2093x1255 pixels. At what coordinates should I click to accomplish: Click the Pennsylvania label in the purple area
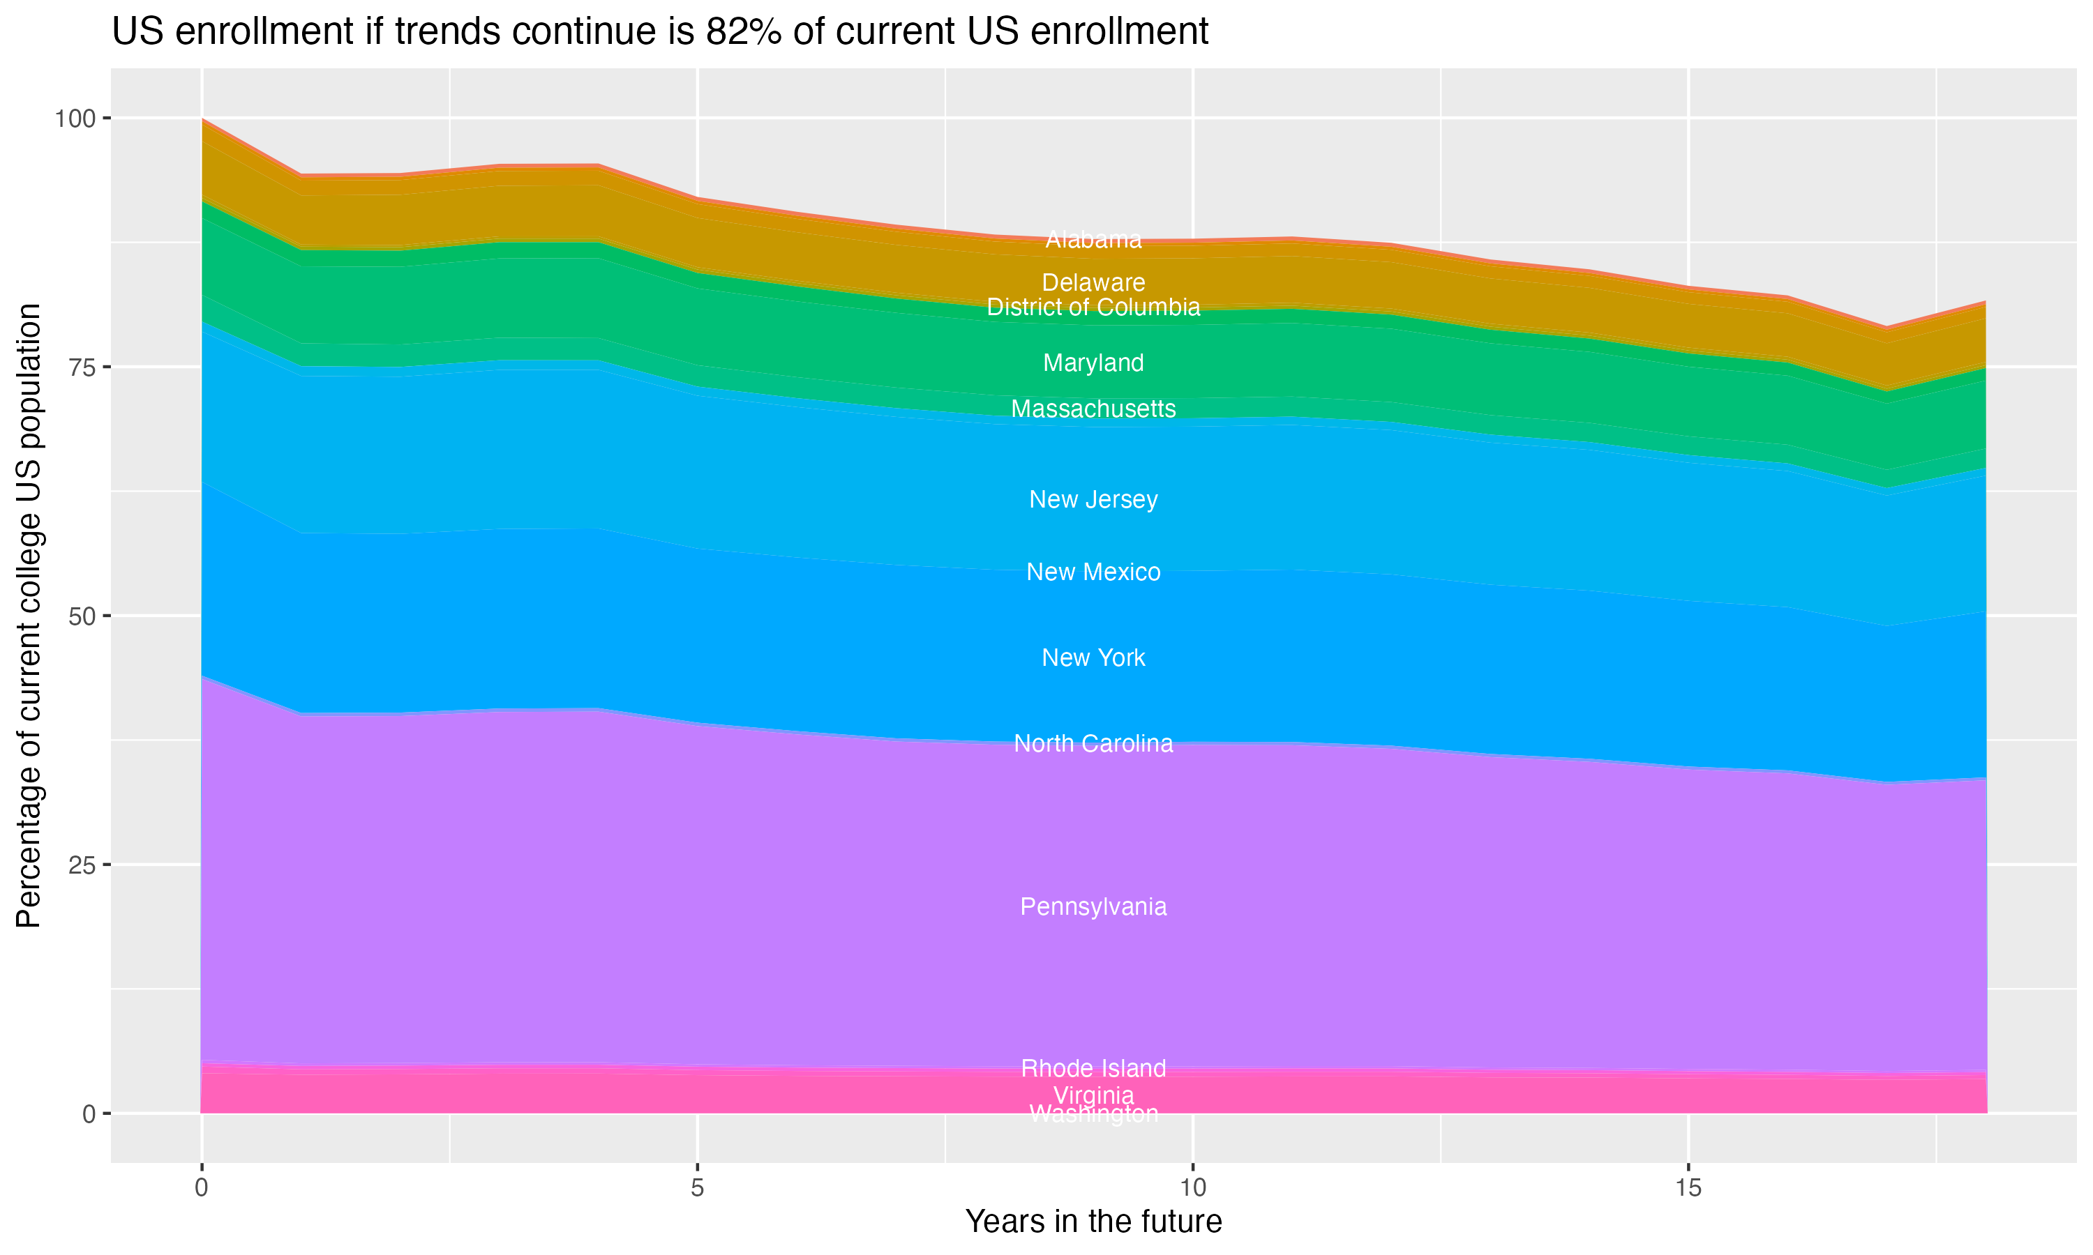click(x=1093, y=907)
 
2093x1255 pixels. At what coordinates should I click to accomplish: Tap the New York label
click(x=1093, y=658)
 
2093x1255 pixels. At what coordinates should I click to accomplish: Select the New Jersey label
click(x=1093, y=500)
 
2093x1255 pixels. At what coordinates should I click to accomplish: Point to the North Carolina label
click(x=1093, y=743)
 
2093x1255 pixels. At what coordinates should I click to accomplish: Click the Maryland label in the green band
click(x=1093, y=363)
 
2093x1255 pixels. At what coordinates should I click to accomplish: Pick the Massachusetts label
click(x=1093, y=409)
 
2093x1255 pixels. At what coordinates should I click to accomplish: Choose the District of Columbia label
click(x=1093, y=307)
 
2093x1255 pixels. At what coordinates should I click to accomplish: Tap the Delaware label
click(x=1093, y=282)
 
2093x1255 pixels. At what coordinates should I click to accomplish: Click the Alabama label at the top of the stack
click(x=1093, y=240)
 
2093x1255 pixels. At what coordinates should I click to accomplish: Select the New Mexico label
click(x=1093, y=572)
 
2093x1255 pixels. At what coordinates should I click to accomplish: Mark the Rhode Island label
click(x=1093, y=1069)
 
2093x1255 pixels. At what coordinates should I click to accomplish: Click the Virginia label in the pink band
click(x=1093, y=1095)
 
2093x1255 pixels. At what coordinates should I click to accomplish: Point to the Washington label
click(x=1093, y=1115)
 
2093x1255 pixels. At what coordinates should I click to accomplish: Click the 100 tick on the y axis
click(x=75, y=119)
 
